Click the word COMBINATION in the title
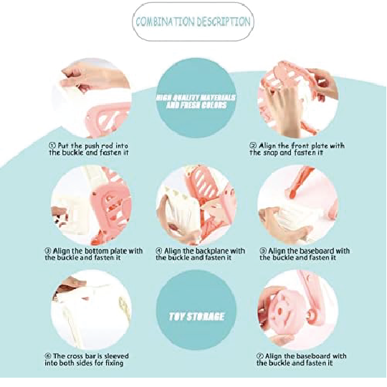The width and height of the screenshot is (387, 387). click(164, 21)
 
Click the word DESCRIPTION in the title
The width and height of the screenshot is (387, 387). click(223, 21)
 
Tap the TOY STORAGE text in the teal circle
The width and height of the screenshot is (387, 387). click(196, 317)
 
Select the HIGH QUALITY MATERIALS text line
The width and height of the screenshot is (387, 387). click(196, 97)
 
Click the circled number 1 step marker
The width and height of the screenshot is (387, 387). click(52, 145)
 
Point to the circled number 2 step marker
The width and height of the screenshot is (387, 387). click(253, 145)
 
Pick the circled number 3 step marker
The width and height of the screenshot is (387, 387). click(48, 251)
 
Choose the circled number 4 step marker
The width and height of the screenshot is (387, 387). click(159, 251)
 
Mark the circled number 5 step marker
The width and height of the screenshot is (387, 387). click(263, 251)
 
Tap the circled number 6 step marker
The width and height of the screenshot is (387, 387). click(48, 356)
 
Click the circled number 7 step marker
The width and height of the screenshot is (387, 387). click(260, 356)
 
